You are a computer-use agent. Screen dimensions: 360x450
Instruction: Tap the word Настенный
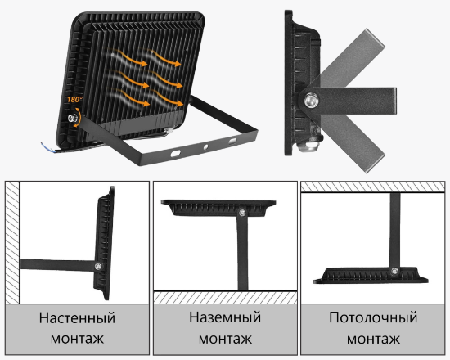point(78,317)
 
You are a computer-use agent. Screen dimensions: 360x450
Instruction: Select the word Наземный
point(224,317)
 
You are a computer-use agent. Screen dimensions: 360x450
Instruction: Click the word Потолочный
point(373,317)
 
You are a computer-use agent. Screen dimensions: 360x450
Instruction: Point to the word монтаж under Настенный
point(78,338)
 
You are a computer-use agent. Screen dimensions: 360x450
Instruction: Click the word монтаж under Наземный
point(224,338)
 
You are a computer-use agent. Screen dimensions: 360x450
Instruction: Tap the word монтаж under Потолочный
point(373,338)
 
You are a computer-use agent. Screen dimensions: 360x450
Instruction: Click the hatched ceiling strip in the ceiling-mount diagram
point(373,187)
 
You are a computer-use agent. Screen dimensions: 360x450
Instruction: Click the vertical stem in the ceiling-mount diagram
point(393,229)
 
